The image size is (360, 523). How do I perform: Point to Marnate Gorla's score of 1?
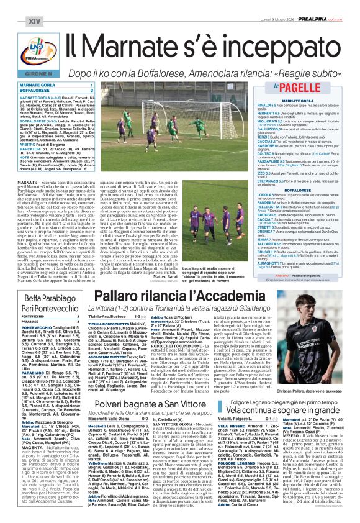point(92,84)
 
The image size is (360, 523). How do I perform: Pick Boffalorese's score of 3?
point(92,90)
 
